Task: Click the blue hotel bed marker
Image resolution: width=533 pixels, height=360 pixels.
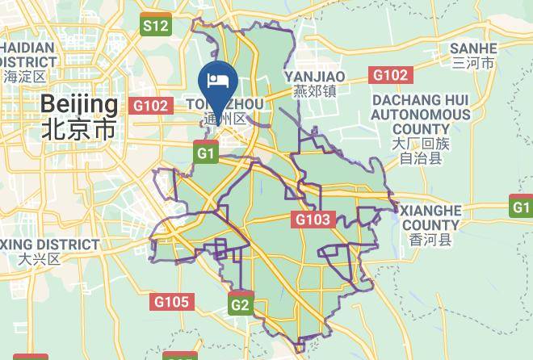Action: (x=217, y=81)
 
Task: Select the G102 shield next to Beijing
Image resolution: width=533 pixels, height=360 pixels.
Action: (x=151, y=106)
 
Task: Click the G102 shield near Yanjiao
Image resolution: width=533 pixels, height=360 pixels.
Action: (x=390, y=75)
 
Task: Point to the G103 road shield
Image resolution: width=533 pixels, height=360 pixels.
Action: (x=313, y=219)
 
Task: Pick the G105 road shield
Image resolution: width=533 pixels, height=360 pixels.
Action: (x=171, y=302)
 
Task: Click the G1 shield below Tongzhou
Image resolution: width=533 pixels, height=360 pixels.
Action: (x=207, y=152)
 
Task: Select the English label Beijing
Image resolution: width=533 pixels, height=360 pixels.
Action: (x=78, y=104)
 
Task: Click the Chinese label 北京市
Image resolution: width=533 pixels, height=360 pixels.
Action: (x=78, y=129)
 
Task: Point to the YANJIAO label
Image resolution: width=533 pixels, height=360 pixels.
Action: (x=314, y=76)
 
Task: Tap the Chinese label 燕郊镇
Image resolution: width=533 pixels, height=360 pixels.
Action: (x=314, y=91)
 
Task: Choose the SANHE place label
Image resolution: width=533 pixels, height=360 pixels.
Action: (x=473, y=48)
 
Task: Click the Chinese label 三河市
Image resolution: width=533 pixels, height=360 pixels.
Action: (x=473, y=63)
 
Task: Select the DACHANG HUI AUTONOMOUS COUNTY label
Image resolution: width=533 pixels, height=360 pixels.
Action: (x=420, y=114)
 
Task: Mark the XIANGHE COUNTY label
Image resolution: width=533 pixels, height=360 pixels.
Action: (x=430, y=217)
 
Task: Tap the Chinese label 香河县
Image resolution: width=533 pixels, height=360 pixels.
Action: (x=430, y=240)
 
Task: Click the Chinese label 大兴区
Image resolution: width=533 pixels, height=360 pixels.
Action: (x=40, y=259)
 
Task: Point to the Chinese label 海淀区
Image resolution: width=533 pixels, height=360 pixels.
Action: (x=25, y=77)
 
